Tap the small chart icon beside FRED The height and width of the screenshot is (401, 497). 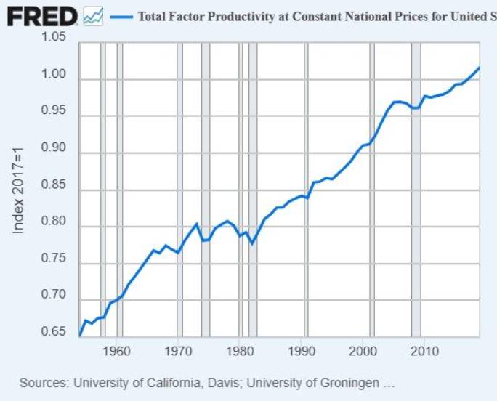pos(93,17)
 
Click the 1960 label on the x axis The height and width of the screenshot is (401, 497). pos(117,352)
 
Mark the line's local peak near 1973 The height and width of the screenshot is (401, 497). pos(197,224)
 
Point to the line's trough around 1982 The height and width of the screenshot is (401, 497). pos(252,243)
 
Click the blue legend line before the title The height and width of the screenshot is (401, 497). pos(121,17)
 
